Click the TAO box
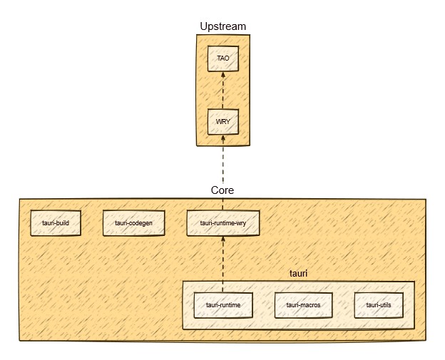(x=223, y=58)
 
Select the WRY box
(x=223, y=121)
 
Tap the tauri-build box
(x=55, y=223)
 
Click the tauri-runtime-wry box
(x=222, y=223)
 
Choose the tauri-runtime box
(x=222, y=305)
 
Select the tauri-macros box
(x=303, y=305)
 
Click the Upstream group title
(x=223, y=26)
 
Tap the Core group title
(x=222, y=190)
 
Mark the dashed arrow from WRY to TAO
(x=223, y=91)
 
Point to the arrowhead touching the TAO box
(x=223, y=75)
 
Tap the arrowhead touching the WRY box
(x=223, y=138)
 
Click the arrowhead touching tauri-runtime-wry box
(x=223, y=240)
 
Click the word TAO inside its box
(x=223, y=58)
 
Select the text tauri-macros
(x=303, y=305)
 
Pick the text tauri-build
(x=55, y=223)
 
